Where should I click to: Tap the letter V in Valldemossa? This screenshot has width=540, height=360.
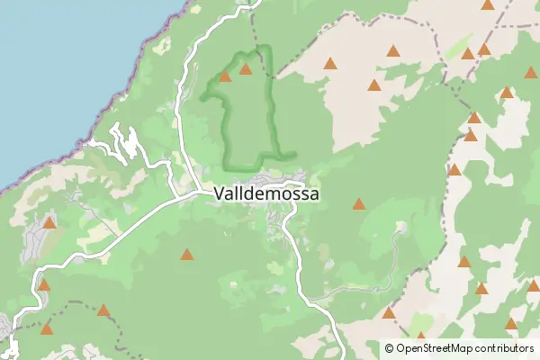[220, 193]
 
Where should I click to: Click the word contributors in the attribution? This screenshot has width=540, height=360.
[505, 347]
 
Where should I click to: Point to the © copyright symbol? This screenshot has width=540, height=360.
[389, 347]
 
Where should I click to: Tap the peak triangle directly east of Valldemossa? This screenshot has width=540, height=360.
[359, 204]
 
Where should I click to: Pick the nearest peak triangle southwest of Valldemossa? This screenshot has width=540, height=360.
[186, 255]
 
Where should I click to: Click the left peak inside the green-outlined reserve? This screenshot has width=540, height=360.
[225, 76]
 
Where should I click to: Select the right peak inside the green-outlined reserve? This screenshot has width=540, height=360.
[245, 68]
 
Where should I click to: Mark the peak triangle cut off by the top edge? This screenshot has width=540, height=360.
[488, 4]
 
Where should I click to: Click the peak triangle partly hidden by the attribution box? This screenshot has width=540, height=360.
[420, 337]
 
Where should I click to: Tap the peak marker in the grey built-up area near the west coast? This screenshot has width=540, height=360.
[49, 222]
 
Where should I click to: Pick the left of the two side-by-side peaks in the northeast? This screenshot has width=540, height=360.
[468, 54]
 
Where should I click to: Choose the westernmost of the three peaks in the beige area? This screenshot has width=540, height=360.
[330, 64]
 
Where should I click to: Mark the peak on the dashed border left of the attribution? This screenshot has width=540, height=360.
[388, 313]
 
